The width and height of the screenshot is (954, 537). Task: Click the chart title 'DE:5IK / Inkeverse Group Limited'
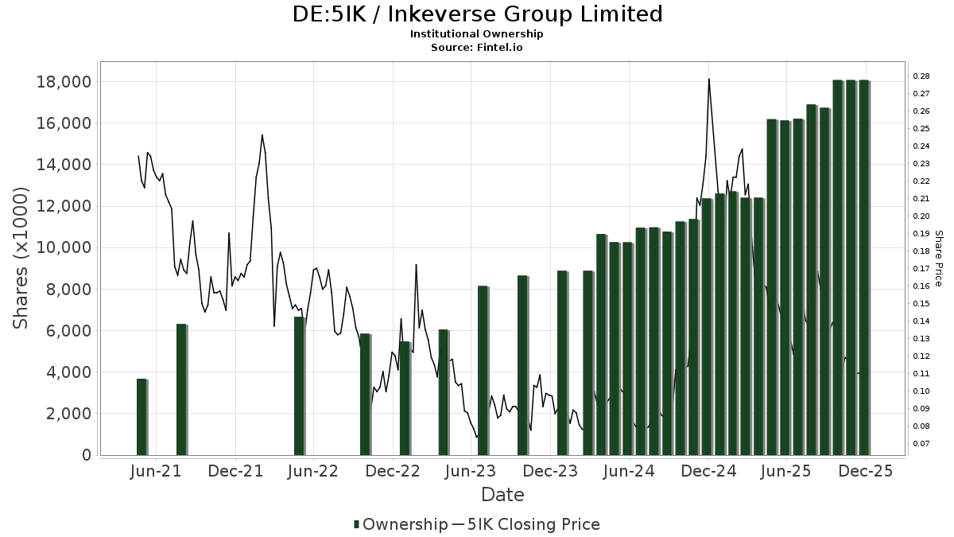[x=476, y=14]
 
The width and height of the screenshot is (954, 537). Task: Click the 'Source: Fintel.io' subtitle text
[x=476, y=48]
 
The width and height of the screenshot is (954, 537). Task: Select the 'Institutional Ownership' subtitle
[x=476, y=34]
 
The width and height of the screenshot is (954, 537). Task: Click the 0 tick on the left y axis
[x=85, y=455]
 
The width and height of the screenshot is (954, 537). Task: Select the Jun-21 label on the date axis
[x=155, y=472]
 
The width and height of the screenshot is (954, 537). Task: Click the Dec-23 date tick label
[x=551, y=472]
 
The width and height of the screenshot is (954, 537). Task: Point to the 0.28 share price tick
[x=921, y=76]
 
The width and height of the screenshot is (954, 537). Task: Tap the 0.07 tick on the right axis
[x=921, y=443]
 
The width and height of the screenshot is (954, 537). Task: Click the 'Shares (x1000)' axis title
[x=21, y=258]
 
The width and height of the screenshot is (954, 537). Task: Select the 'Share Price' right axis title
[x=938, y=258]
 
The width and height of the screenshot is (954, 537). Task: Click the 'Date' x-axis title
[x=502, y=495]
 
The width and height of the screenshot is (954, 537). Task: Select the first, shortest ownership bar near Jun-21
[x=142, y=417]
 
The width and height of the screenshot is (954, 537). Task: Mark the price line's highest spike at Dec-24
[x=708, y=80]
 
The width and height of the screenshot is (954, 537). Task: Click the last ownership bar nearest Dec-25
[x=863, y=267]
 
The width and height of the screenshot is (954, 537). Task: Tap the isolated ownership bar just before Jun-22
[x=299, y=386]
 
